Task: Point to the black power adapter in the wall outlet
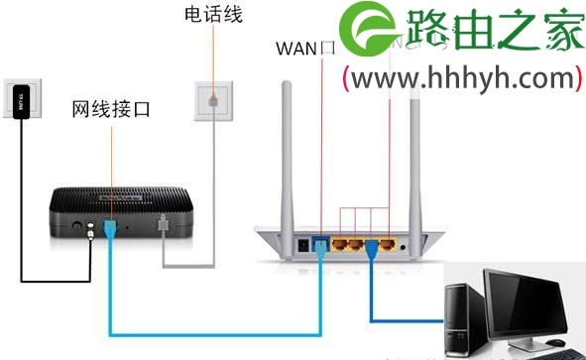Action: (x=22, y=100)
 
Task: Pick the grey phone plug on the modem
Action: (x=162, y=230)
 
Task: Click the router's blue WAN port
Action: (x=321, y=241)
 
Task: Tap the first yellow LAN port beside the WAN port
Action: (x=340, y=242)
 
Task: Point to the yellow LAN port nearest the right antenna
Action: (x=390, y=242)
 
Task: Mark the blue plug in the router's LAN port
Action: (x=372, y=244)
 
